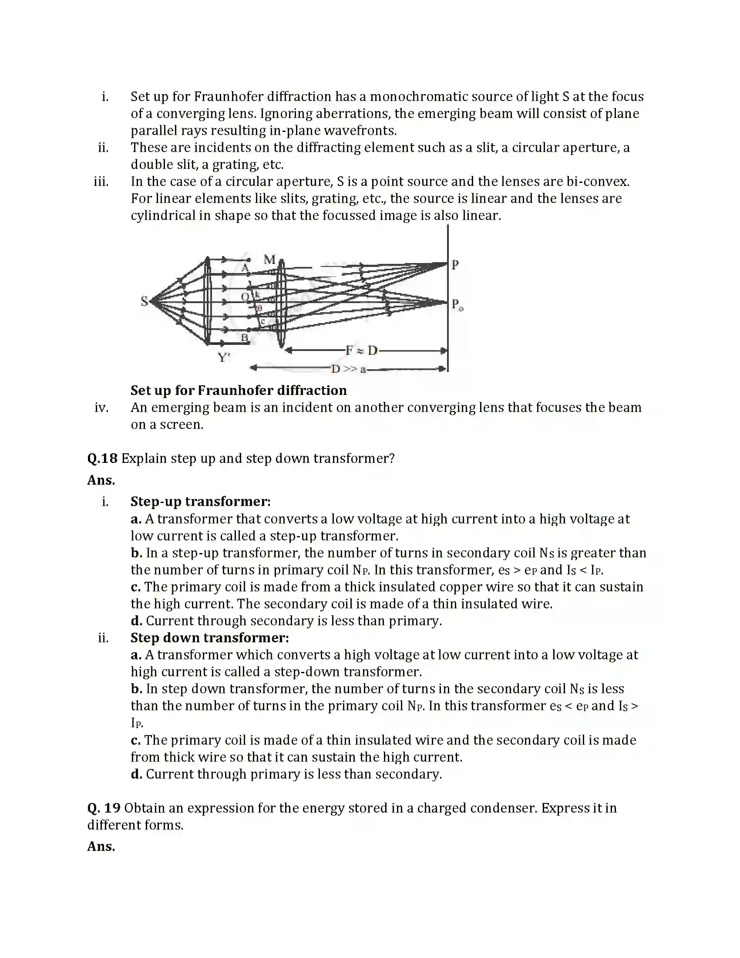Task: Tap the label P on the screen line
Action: [455, 265]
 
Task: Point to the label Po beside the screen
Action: [457, 304]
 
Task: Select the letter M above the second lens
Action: [269, 259]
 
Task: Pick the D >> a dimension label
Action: [348, 369]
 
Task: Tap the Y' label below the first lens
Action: [224, 358]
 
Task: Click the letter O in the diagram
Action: [245, 297]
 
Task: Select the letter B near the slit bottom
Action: [245, 338]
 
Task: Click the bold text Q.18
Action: [102, 459]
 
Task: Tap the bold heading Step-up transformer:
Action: [200, 501]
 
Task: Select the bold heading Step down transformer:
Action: [209, 638]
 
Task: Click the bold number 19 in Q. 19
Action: [112, 808]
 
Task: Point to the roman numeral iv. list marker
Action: [101, 408]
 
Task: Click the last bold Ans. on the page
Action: [101, 846]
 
